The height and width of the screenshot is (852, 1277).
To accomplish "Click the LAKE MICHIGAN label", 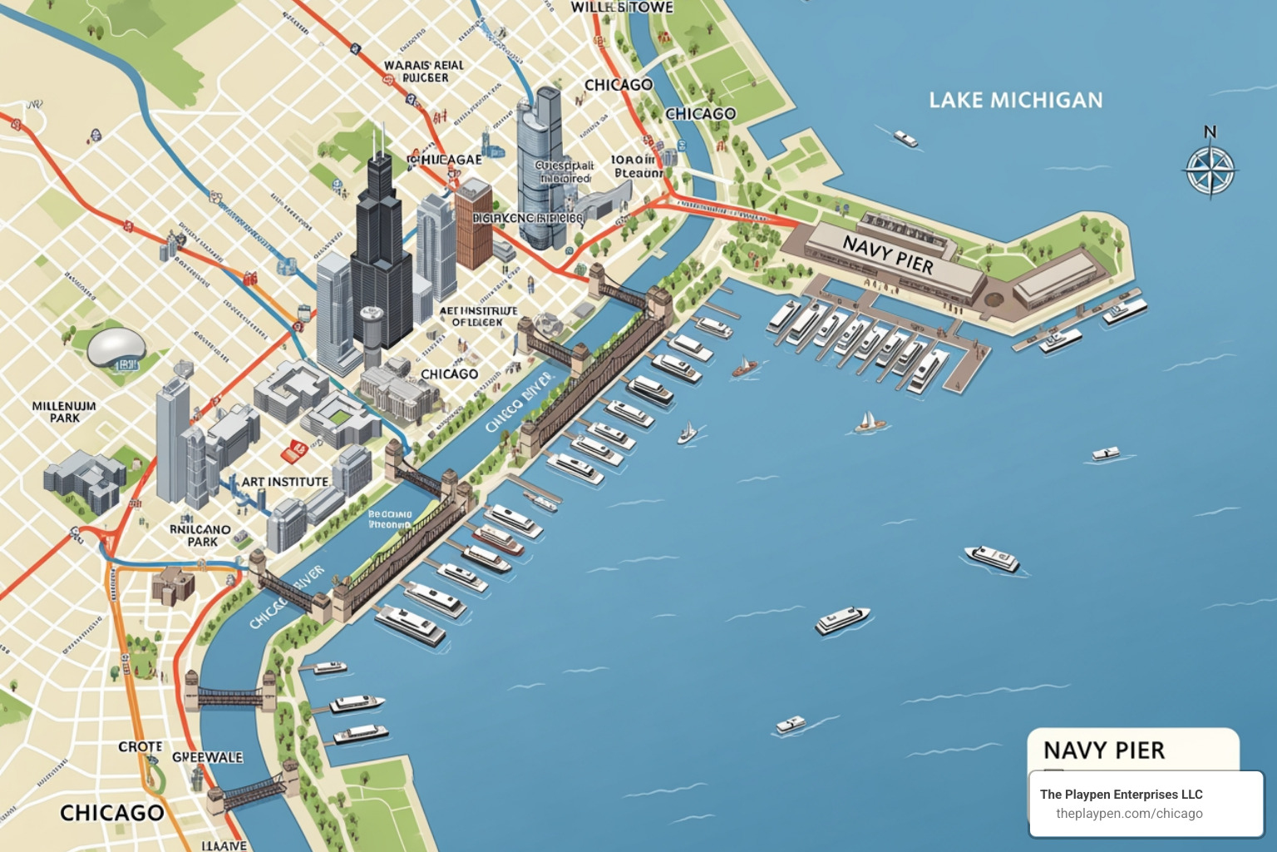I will [1015, 101].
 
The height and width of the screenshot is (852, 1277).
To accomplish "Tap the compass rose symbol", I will [1210, 170].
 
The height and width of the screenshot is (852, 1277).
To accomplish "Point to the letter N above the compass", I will [1210, 131].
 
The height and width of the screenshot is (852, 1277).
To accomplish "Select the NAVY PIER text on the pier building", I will [888, 255].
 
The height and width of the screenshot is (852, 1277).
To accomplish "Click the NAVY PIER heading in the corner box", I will [1103, 750].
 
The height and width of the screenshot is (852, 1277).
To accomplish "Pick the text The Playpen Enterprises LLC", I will [1121, 795].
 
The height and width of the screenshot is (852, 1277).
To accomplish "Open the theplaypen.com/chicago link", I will [1129, 814].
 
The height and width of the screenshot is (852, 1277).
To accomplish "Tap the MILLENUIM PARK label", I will [64, 412].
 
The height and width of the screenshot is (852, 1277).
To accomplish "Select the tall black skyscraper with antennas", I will [380, 250].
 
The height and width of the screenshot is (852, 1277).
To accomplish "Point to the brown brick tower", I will [473, 222].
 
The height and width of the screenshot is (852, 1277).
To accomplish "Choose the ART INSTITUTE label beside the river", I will [284, 482].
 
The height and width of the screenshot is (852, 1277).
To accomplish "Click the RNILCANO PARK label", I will [200, 535].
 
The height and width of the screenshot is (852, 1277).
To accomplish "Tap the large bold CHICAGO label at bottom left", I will [111, 812].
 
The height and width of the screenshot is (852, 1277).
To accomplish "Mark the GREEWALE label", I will [207, 757].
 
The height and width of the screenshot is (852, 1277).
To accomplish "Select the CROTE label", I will [140, 746].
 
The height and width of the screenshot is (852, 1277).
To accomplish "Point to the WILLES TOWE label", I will [621, 7].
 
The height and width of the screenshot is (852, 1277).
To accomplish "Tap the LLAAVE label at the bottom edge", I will [224, 845].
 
